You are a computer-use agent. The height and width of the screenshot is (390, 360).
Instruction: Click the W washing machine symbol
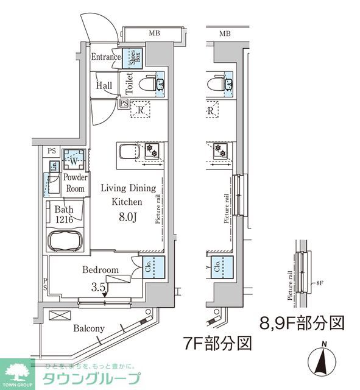[x=72, y=161]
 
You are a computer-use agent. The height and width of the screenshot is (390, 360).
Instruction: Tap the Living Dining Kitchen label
[x=128, y=195]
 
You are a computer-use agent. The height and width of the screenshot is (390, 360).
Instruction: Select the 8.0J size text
[x=128, y=215]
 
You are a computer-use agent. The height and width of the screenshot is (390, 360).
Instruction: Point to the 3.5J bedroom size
[x=99, y=286]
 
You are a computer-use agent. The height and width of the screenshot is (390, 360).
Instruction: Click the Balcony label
[x=89, y=328]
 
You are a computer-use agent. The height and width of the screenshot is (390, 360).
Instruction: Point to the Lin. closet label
[x=54, y=166]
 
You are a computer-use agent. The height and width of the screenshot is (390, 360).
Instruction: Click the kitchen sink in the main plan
[x=129, y=152]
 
